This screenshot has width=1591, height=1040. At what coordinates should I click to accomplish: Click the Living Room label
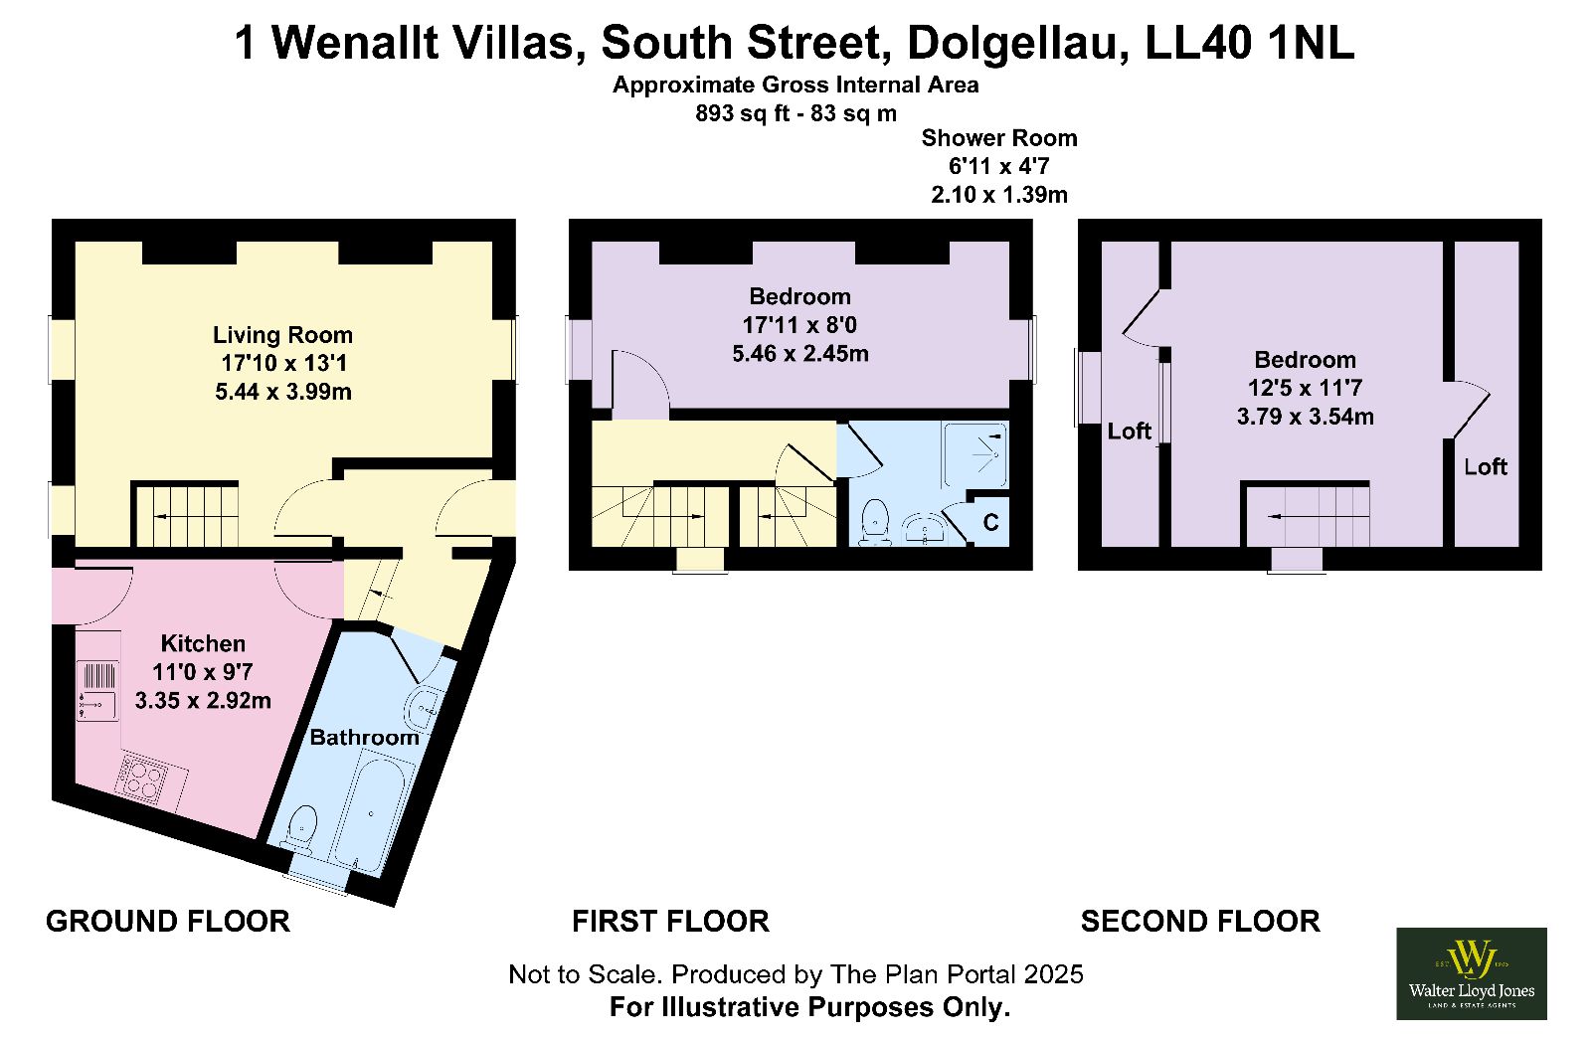coord(282,335)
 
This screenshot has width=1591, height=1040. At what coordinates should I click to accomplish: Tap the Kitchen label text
coord(203,643)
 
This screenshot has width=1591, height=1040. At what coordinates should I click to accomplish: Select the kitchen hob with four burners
coord(145,778)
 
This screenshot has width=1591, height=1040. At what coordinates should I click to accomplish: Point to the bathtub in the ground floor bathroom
coord(370,812)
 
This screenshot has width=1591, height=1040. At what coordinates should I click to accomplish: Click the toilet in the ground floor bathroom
coord(301,828)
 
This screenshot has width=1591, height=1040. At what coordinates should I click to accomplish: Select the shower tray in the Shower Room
coord(975,454)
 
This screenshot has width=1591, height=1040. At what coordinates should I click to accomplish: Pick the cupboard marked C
coord(989,522)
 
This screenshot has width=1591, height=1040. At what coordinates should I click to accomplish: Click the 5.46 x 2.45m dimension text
coord(800,353)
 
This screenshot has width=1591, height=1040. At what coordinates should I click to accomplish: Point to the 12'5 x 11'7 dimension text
coord(1305,388)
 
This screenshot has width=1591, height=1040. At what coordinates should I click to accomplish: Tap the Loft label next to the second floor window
coord(1129,432)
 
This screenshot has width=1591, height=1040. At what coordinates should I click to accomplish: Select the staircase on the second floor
coord(1307,516)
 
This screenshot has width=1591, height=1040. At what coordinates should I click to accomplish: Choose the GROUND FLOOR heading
coord(168,922)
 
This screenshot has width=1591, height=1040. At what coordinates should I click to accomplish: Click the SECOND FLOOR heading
coord(1200,922)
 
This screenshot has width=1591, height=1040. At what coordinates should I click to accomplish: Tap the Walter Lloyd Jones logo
coord(1471,973)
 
